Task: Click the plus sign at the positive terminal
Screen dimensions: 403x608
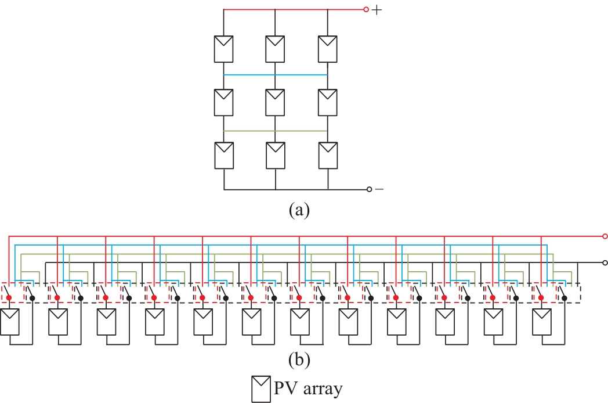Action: point(377,10)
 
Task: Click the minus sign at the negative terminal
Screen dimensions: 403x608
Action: point(379,189)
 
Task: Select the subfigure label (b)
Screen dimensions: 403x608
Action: point(299,361)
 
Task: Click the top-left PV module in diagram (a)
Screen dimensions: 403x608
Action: point(223,49)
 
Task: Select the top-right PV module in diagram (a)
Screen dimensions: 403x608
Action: point(327,49)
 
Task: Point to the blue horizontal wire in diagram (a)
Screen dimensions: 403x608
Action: point(275,75)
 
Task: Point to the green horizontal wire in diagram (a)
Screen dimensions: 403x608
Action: point(275,131)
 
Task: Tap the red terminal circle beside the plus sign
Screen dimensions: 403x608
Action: point(366,9)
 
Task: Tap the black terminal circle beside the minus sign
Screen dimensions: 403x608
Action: point(369,189)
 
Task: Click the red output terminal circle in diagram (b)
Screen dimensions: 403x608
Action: point(605,236)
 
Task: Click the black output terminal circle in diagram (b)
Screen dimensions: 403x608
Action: point(605,262)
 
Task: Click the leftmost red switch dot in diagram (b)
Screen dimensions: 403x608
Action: point(9,298)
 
